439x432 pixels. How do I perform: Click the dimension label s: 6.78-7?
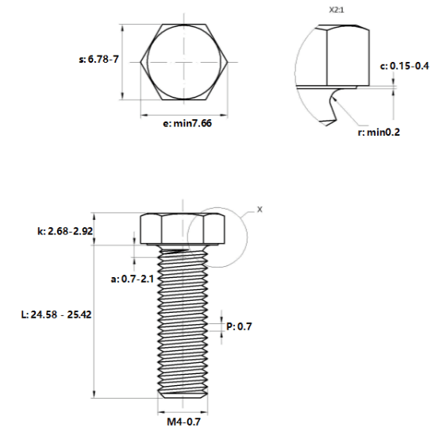(98, 60)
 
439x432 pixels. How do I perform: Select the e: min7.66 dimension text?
(187, 123)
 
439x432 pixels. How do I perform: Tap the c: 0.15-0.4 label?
(404, 66)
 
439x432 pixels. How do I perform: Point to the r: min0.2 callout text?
(379, 132)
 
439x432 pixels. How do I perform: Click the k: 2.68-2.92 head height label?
(65, 231)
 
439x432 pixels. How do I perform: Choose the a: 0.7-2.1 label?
(133, 279)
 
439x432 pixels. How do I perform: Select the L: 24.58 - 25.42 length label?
(56, 314)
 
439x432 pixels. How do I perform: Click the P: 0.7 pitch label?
(239, 326)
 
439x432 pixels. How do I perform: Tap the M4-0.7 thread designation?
(183, 422)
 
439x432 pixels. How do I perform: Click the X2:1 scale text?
(337, 10)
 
